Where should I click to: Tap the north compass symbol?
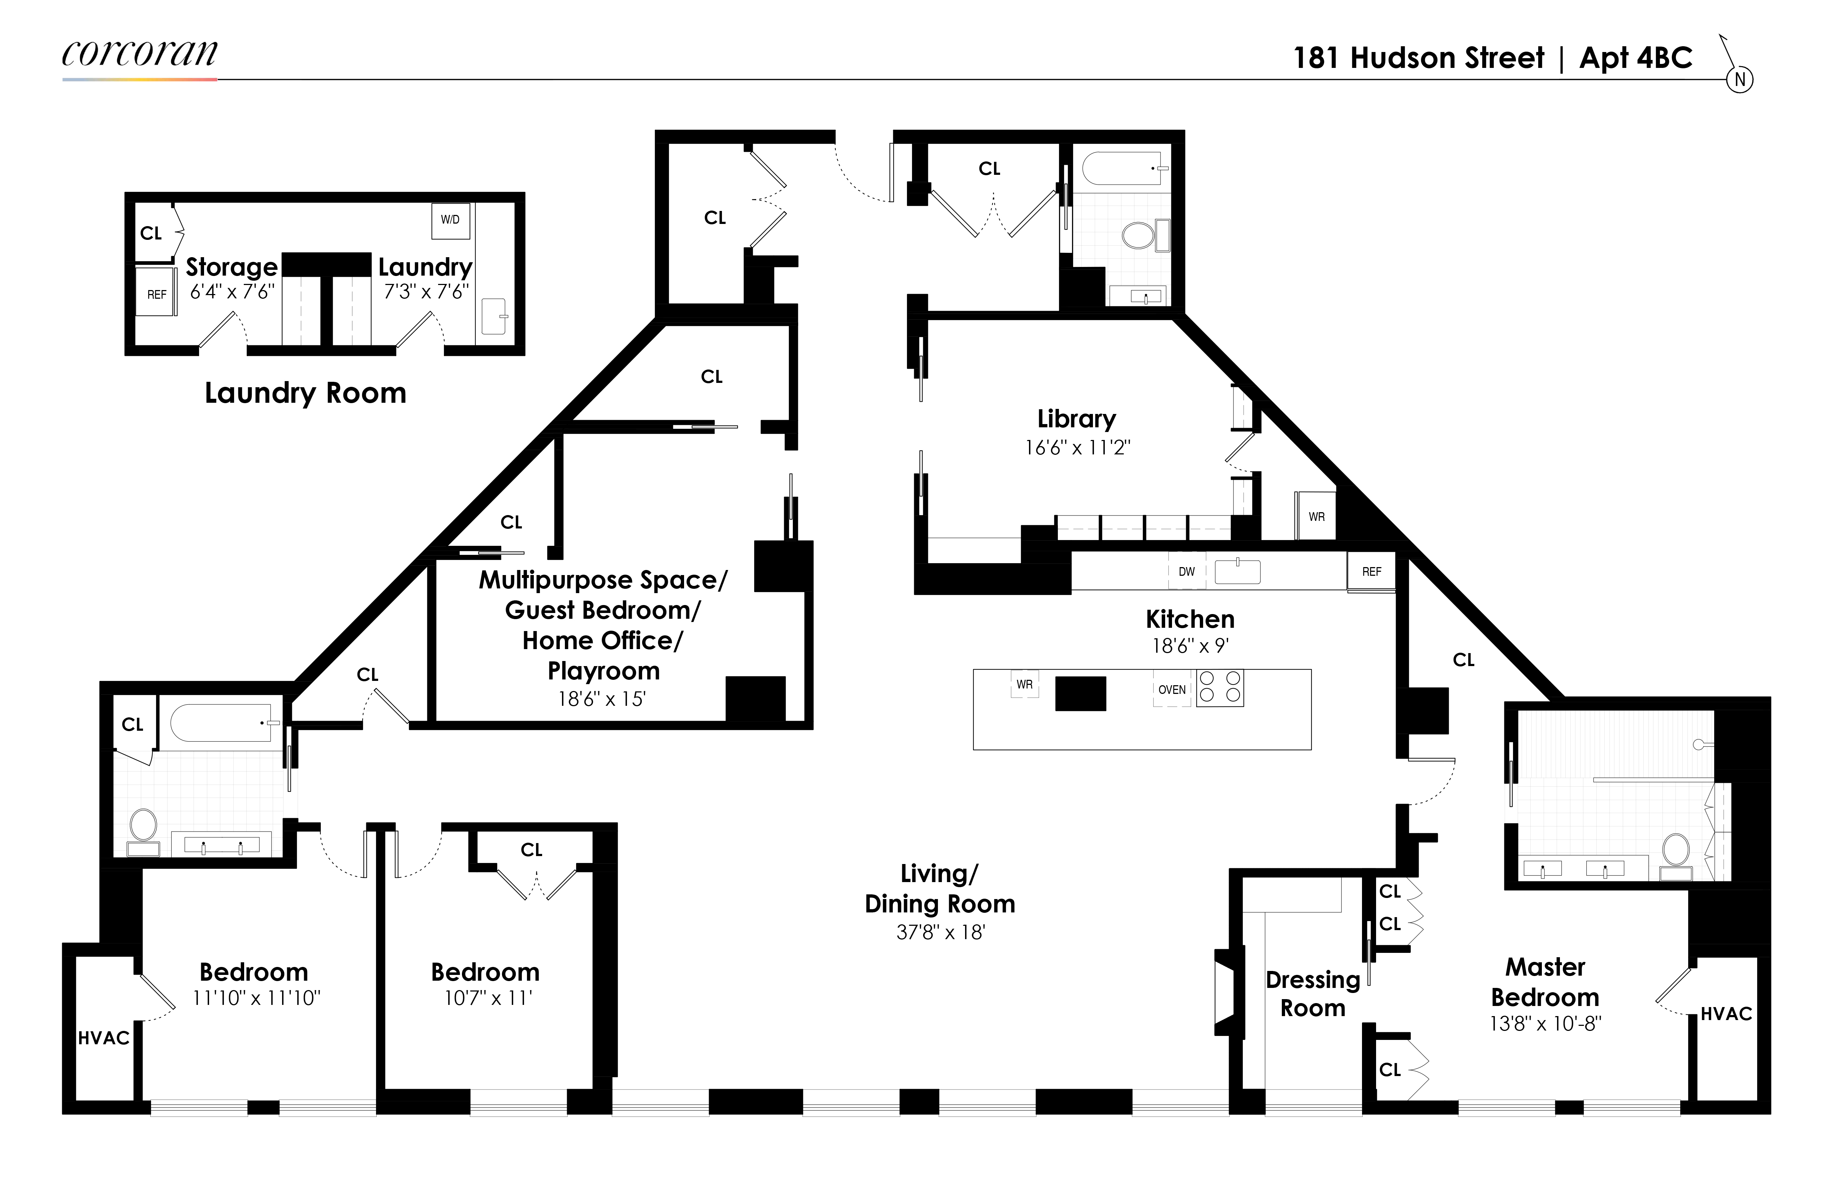point(1739,79)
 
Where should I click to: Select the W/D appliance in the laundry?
point(450,220)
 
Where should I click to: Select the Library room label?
point(1077,419)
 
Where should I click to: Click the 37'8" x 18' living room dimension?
point(941,933)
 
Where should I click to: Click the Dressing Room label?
point(1313,994)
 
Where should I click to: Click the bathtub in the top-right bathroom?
point(1122,168)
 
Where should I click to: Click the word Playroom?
point(604,671)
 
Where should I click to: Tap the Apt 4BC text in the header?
point(1635,58)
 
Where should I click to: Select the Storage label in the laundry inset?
point(232,267)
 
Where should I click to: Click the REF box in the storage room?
point(156,294)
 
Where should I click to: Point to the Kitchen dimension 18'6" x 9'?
point(1190,645)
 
